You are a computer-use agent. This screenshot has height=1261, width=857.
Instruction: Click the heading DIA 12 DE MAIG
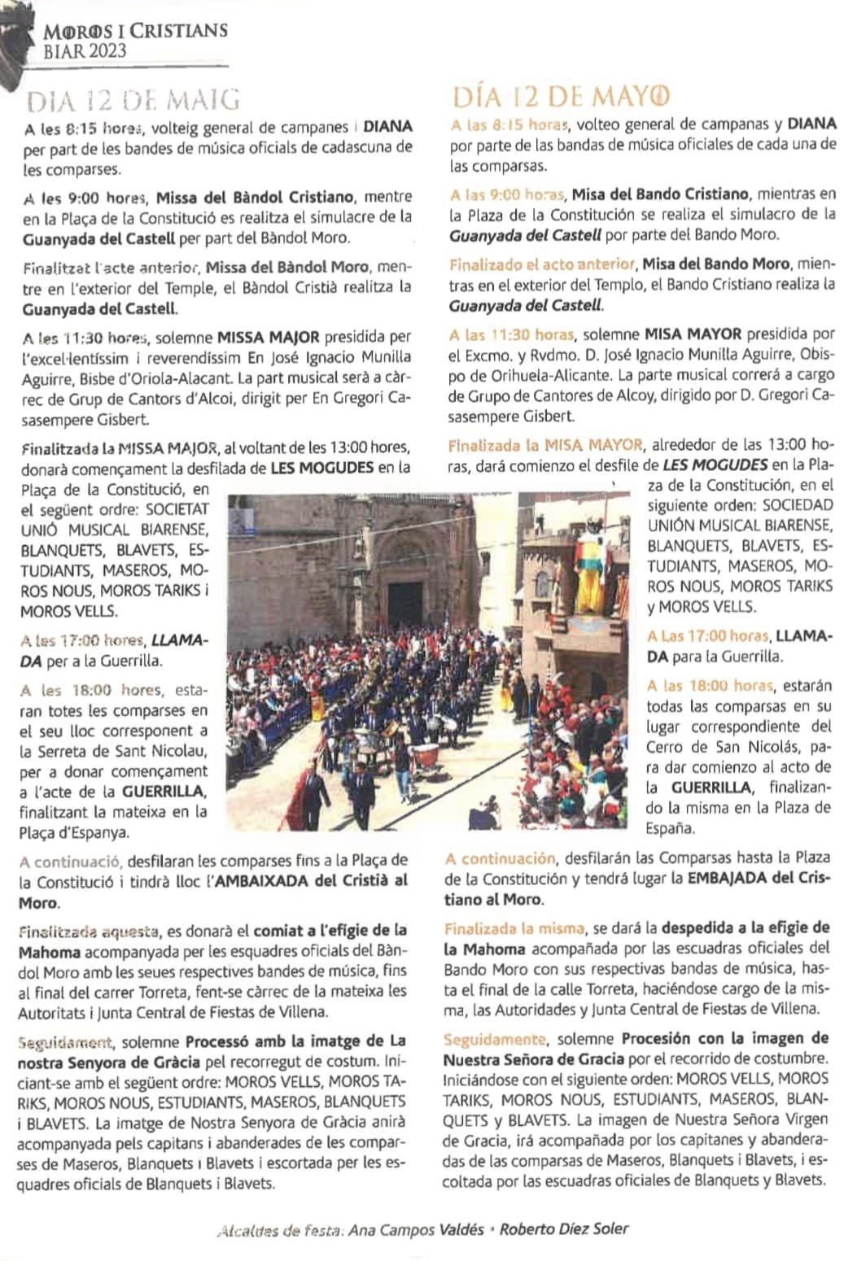point(134,100)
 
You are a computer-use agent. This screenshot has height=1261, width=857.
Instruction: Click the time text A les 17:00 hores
point(84,639)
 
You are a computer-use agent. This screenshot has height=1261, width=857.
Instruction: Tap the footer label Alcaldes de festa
point(278,1231)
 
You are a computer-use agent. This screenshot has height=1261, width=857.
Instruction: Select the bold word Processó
point(221,1042)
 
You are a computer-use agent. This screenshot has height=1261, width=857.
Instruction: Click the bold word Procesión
point(660,1038)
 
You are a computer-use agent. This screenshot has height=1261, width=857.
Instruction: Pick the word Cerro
point(667,747)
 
